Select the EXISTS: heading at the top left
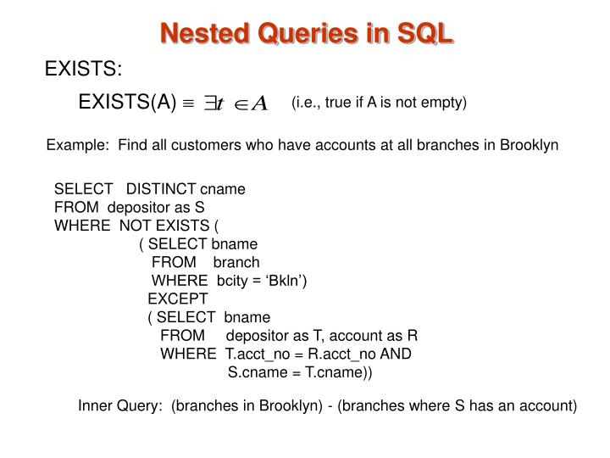[83, 69]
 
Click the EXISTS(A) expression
[127, 103]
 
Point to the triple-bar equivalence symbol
[187, 104]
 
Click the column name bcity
[232, 281]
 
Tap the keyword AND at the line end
[396, 354]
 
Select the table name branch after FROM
[236, 262]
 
